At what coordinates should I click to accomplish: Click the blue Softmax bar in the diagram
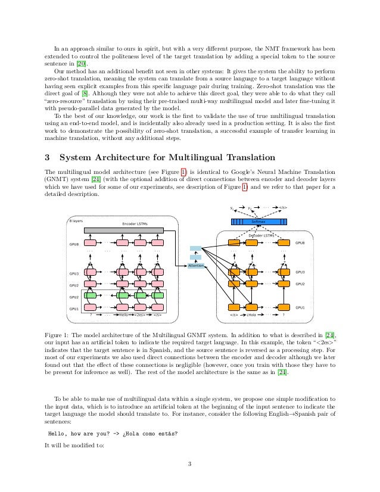pos(258,222)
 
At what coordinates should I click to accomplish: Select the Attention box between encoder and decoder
pos(196,265)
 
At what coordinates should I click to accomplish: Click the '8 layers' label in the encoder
pos(77,220)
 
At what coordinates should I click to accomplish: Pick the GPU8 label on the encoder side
pos(74,244)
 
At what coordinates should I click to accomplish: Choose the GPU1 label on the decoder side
pos(300,307)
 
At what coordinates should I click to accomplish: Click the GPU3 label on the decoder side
pos(300,272)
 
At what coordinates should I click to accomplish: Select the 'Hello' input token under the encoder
pos(123,314)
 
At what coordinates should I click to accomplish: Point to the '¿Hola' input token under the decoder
pos(251,314)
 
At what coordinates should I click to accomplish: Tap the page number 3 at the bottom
pos(189,463)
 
